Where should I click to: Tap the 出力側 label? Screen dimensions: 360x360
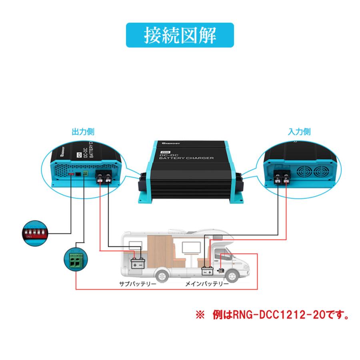point(83,131)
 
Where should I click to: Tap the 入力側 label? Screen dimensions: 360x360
point(299,131)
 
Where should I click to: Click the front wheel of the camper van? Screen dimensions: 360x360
point(233,277)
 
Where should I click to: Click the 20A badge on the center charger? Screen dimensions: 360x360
point(164,152)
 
